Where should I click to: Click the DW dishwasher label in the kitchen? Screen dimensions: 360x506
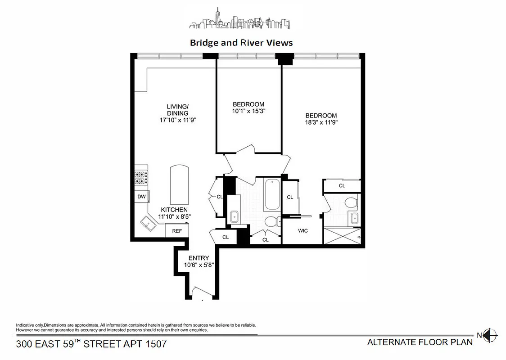click(141, 197)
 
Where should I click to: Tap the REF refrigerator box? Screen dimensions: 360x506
click(177, 231)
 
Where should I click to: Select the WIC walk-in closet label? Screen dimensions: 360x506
click(303, 231)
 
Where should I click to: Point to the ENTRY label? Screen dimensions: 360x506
click(199, 258)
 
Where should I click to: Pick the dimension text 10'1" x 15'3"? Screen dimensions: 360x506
click(248, 111)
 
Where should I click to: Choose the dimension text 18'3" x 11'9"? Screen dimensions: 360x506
click(321, 122)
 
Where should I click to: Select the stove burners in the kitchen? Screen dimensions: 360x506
click(141, 178)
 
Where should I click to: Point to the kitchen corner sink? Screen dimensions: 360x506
click(147, 223)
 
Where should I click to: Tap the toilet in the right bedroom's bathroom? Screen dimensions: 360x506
click(352, 203)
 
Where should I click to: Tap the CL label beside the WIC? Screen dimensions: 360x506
click(290, 197)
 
